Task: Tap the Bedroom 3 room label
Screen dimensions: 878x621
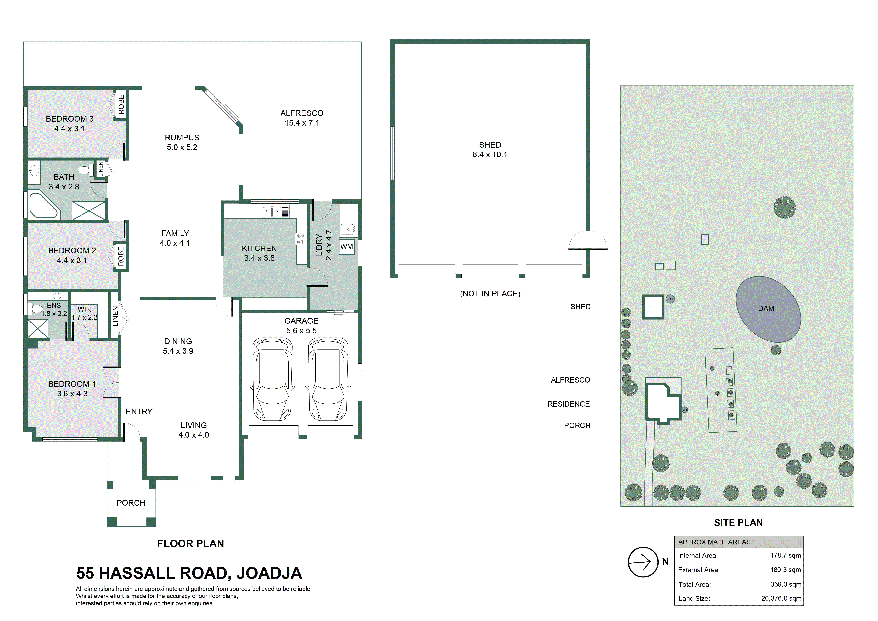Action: [70, 119]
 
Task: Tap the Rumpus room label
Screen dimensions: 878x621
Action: [182, 138]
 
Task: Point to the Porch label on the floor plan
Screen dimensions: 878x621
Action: [131, 503]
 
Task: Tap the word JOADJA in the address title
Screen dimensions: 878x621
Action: [269, 573]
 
